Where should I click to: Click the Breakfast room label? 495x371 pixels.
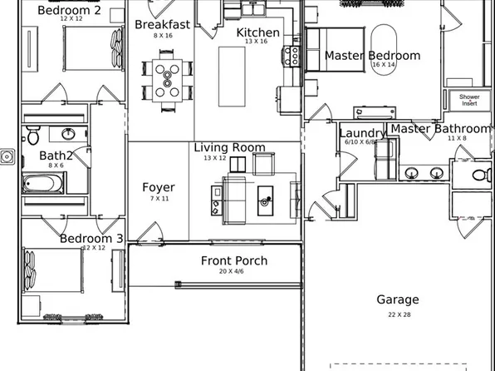tap(162, 25)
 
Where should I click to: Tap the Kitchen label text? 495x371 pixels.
tap(258, 33)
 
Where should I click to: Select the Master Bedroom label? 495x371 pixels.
tap(372, 56)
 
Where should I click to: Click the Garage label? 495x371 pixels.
tap(398, 299)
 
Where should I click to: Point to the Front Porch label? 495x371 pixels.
tap(234, 261)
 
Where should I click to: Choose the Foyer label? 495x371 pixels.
tap(158, 187)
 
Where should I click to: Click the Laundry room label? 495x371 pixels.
tap(362, 133)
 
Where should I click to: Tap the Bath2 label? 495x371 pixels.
tap(56, 155)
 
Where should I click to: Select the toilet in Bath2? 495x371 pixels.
tap(33, 134)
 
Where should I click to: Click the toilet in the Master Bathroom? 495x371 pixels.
tap(479, 173)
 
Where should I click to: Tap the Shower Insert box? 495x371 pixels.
tap(469, 100)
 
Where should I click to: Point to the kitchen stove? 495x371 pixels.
tap(292, 56)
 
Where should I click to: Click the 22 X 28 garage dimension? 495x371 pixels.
tap(398, 314)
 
